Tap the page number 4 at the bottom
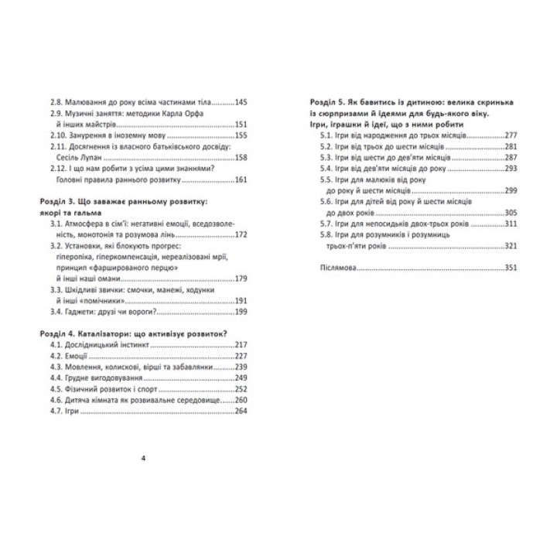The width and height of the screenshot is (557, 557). tap(144, 458)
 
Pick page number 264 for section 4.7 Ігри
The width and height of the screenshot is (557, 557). tap(239, 412)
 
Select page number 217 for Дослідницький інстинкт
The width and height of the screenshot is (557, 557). tap(239, 345)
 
